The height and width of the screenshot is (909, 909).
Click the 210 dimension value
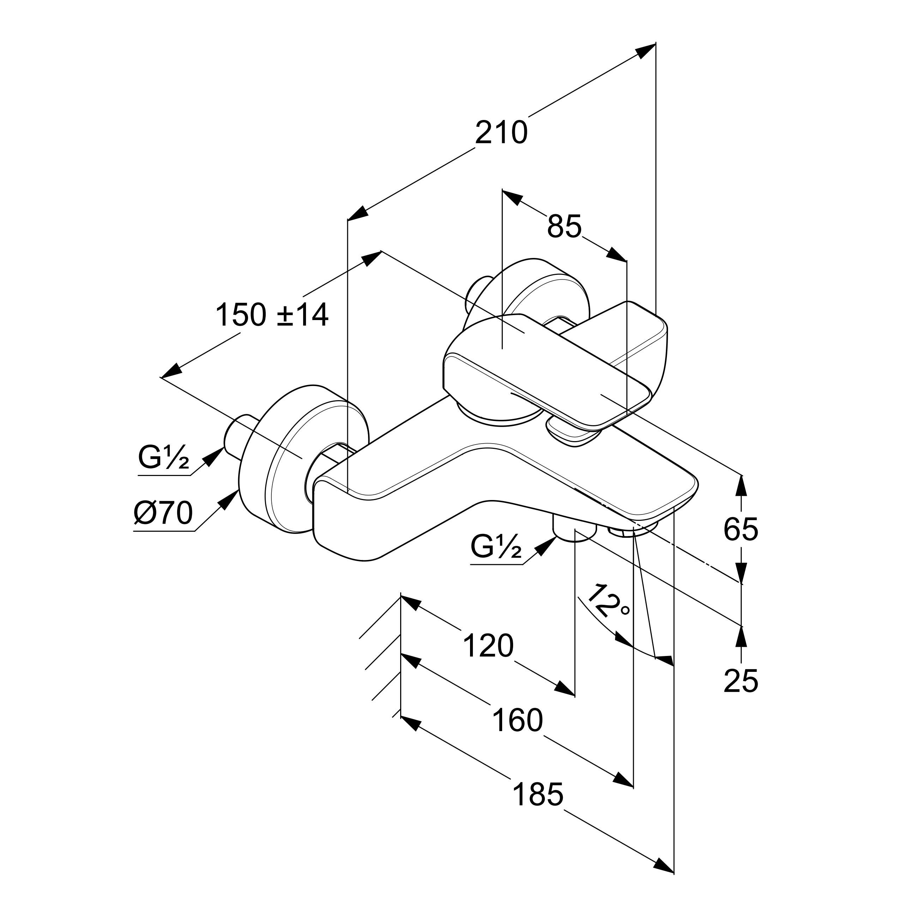(x=501, y=133)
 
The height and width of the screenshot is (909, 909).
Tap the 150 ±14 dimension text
(x=272, y=315)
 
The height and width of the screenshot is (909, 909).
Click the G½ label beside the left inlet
(x=163, y=457)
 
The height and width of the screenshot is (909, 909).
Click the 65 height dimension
(x=741, y=529)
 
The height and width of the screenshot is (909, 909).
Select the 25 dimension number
(x=741, y=681)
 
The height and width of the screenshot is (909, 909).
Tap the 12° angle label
(x=608, y=603)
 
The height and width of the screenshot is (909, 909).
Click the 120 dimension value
(x=488, y=646)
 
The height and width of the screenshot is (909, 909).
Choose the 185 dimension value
(x=537, y=795)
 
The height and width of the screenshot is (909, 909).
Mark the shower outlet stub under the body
(x=572, y=529)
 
